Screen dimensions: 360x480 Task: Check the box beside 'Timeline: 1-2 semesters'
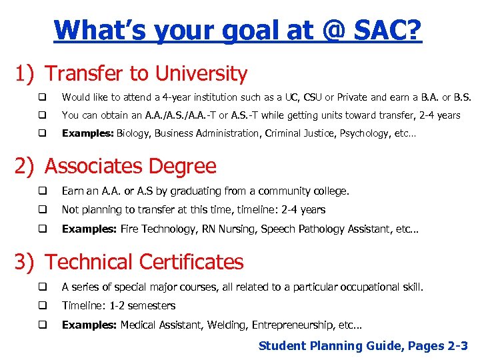(41, 306)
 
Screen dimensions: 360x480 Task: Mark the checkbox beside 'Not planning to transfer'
(41, 210)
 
